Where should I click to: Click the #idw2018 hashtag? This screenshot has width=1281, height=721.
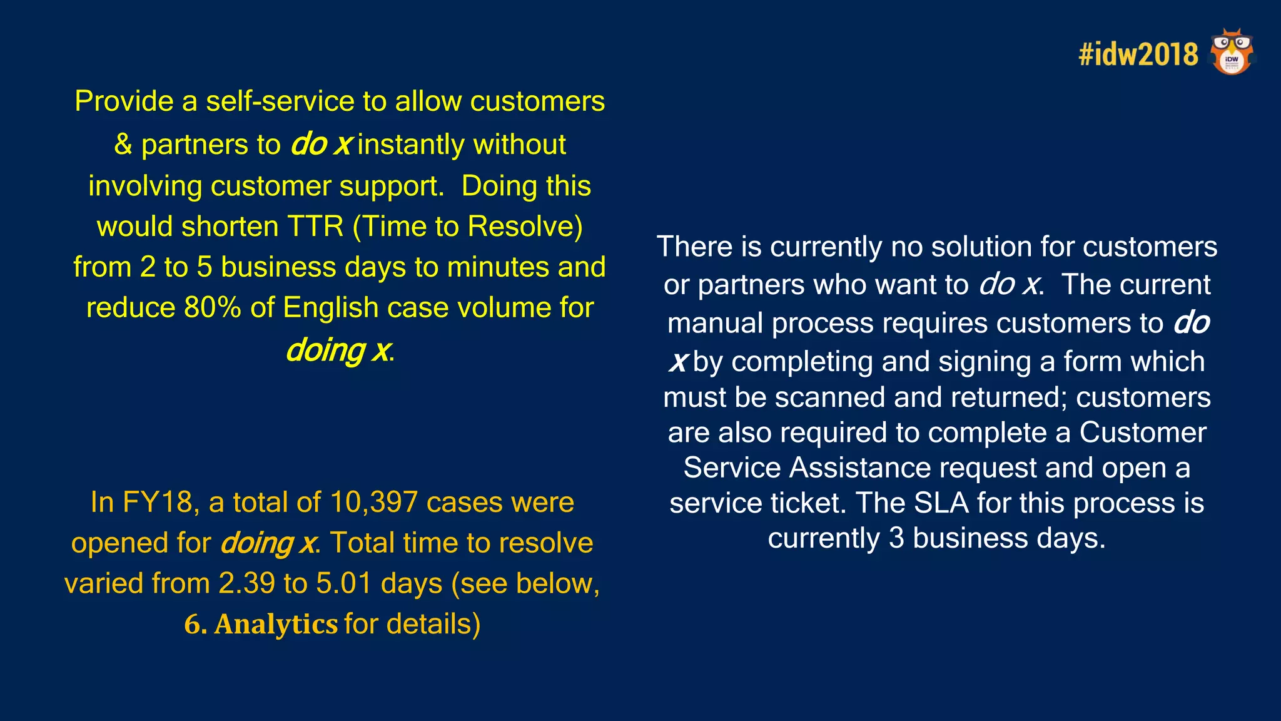tap(1138, 54)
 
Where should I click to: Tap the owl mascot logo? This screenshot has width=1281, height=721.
tap(1232, 52)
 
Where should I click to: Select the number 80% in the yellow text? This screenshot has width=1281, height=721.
tap(212, 308)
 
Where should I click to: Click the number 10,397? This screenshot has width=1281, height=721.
tap(373, 503)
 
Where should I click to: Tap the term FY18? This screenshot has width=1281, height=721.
tap(158, 503)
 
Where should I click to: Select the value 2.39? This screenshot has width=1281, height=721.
tap(246, 584)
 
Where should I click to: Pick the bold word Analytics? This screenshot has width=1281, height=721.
tap(276, 625)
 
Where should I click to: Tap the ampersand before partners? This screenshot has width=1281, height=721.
tap(123, 145)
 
